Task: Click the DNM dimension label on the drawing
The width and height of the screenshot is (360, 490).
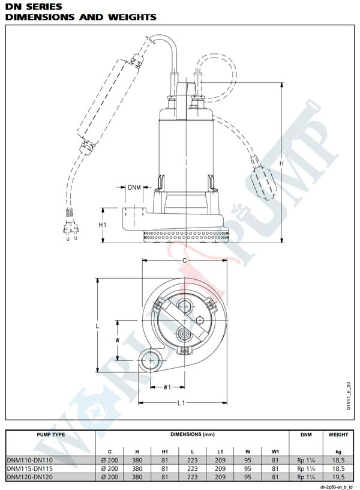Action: point(134,187)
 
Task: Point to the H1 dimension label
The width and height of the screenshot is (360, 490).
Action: point(103,225)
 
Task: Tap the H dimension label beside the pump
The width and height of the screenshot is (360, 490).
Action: point(281,163)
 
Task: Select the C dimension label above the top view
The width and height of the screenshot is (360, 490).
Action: point(185,261)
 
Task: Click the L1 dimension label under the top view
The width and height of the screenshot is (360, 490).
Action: point(181,403)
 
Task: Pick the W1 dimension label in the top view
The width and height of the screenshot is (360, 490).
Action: point(167,387)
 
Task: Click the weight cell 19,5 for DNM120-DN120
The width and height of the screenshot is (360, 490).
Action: point(338,477)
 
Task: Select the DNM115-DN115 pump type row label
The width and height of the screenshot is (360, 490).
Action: point(29,468)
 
